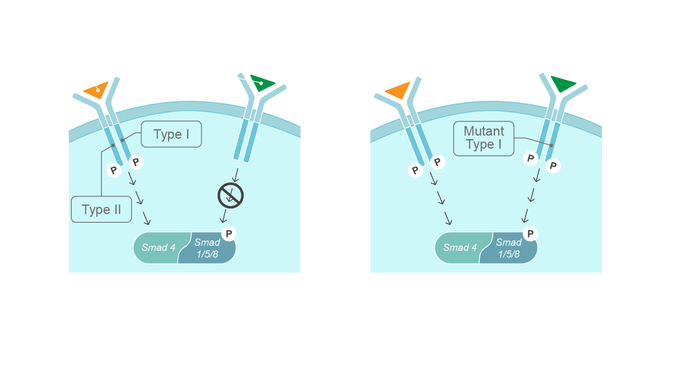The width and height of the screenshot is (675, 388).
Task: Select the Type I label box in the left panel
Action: [x=171, y=134]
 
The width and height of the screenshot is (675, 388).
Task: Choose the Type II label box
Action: [x=101, y=209]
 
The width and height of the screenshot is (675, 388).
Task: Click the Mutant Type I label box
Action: [x=483, y=138]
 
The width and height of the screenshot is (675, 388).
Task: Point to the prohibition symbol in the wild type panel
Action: [x=231, y=195]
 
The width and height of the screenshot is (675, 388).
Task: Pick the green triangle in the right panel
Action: [x=563, y=84]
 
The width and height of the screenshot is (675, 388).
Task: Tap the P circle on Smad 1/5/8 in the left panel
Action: [x=229, y=234]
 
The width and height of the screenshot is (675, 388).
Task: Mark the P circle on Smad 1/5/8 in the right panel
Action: [x=530, y=234]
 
